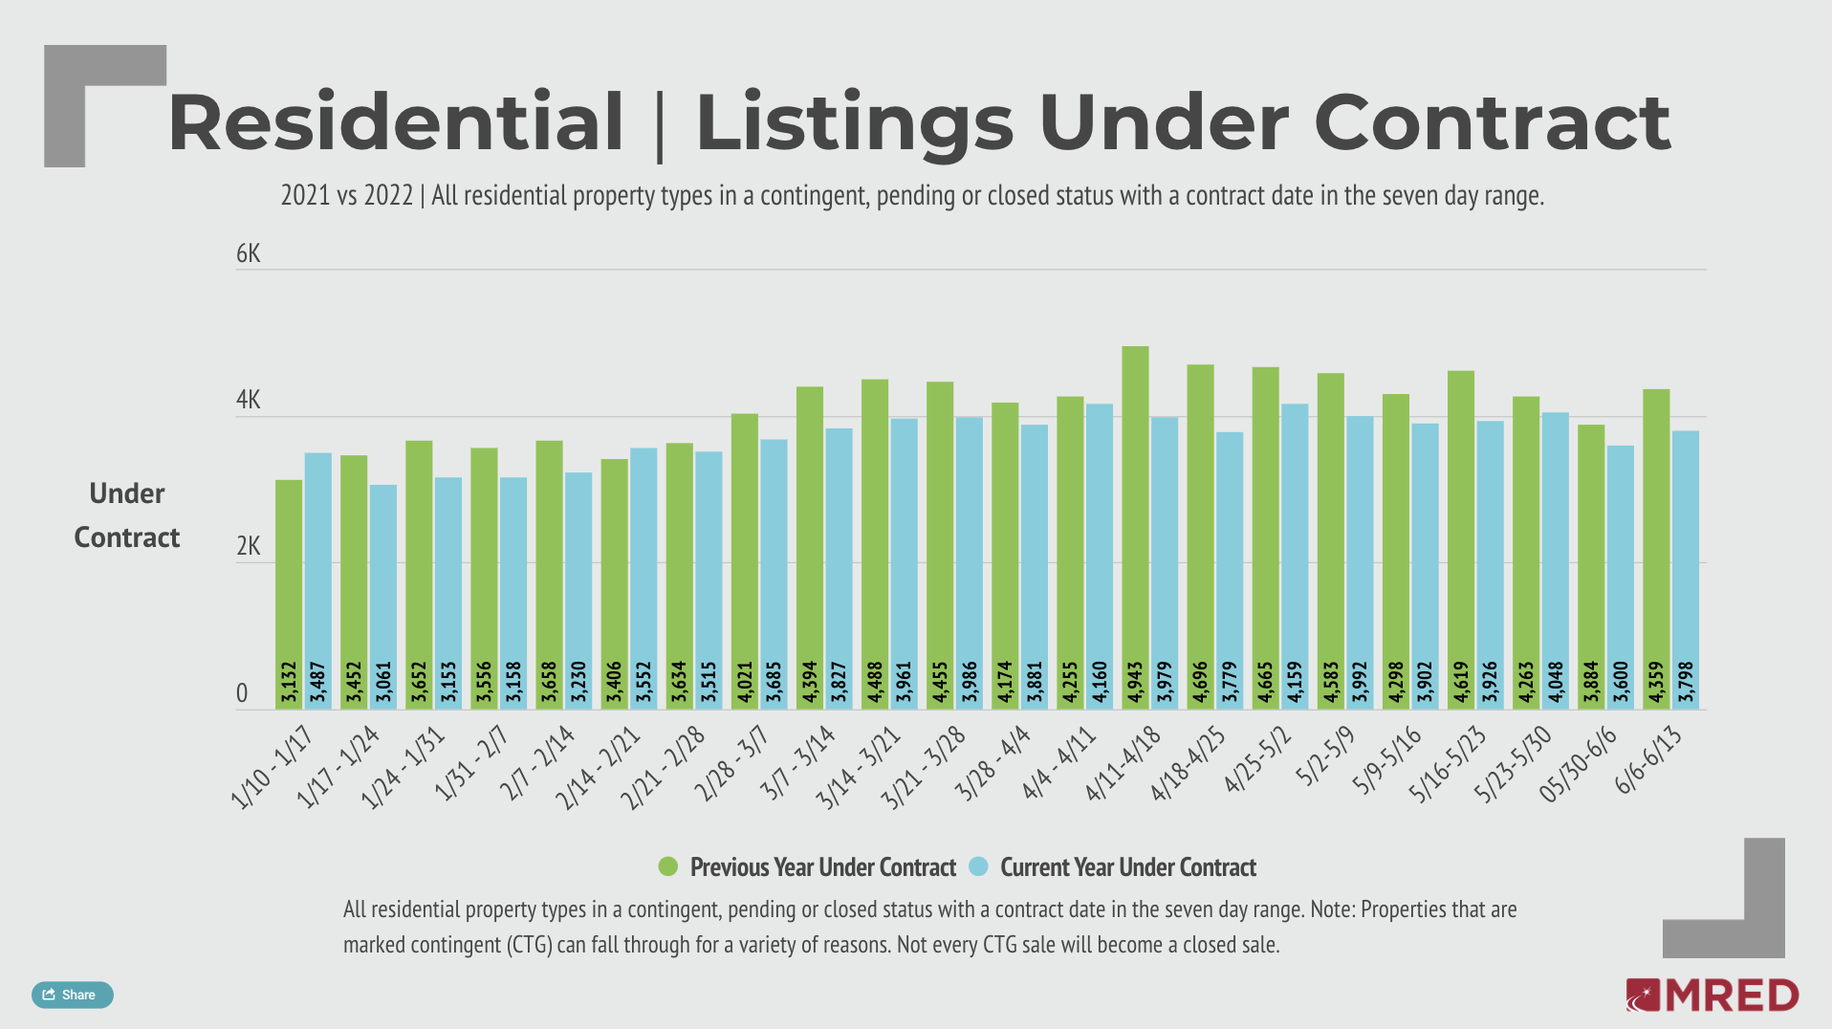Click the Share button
point(72,995)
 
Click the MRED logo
point(1712,996)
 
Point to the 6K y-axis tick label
point(248,253)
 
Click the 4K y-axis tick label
point(248,400)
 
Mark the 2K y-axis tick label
point(248,546)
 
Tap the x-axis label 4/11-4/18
point(1124,763)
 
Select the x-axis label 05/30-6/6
point(1579,763)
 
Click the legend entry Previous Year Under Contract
point(822,867)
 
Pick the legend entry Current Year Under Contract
point(1127,867)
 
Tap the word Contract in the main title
point(1492,122)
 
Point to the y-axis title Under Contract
point(127,515)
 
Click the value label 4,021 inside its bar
point(745,683)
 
